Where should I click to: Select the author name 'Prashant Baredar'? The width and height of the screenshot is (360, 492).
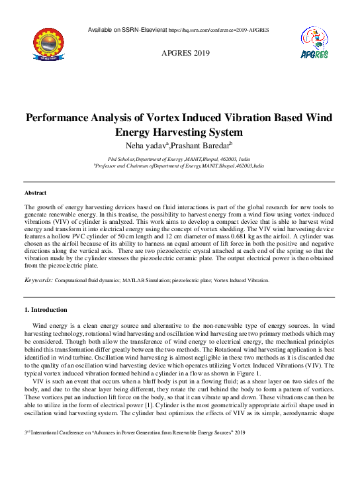coord(201,145)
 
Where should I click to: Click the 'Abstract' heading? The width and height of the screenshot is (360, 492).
coord(35,193)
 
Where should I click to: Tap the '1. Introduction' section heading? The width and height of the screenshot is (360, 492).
coord(45,309)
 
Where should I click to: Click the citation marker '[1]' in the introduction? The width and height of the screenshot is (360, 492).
coord(195,399)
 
